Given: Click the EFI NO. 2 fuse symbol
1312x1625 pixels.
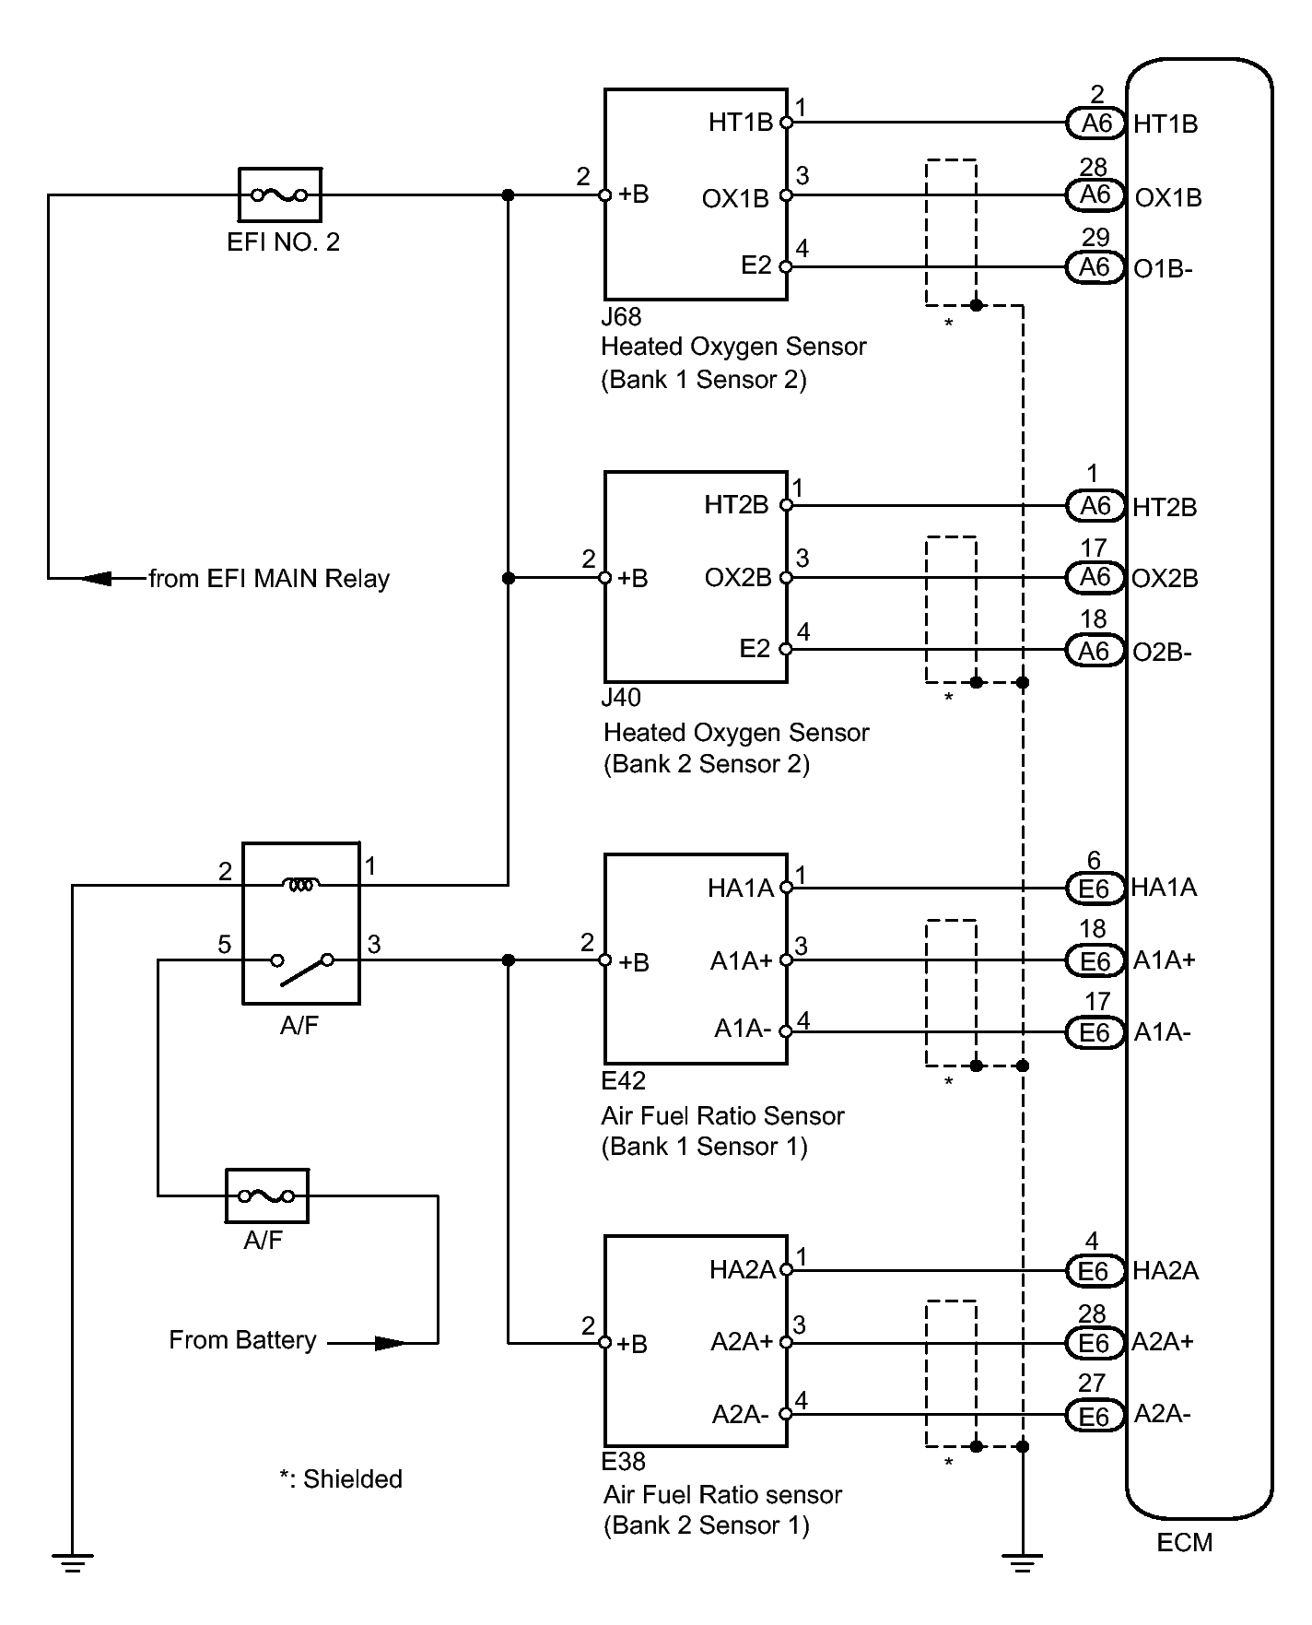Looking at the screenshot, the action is click(280, 194).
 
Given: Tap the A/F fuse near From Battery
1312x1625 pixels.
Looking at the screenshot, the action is click(266, 1195).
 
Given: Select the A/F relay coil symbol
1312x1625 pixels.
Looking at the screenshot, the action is click(301, 885).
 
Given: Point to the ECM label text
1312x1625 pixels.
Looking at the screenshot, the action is click(1185, 1543).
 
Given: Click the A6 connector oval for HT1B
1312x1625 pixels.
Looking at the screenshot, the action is click(1095, 123).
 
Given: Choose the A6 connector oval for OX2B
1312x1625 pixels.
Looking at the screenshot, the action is click(1095, 577).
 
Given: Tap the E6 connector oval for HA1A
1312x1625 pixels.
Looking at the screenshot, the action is click(1095, 888).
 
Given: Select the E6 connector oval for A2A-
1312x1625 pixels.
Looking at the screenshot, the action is click(1095, 1415).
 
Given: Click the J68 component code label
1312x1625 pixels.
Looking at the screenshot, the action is click(621, 317).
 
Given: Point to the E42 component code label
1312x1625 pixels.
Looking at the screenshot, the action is click(624, 1080).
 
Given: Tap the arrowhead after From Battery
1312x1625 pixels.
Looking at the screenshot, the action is click(390, 1343).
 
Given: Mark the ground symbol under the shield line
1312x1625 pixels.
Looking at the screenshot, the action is click(1022, 1561).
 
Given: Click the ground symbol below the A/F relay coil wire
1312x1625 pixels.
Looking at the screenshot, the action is click(72, 1561).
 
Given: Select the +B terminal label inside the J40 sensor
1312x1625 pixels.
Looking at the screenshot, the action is click(633, 578).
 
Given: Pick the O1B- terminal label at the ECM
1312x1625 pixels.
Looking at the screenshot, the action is click(1164, 268).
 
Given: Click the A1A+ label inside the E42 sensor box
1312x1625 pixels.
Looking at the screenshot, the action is click(742, 960).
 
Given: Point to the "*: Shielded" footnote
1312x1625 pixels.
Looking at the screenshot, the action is click(341, 1479).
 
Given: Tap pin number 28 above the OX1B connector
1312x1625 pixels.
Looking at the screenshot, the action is click(1094, 167).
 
